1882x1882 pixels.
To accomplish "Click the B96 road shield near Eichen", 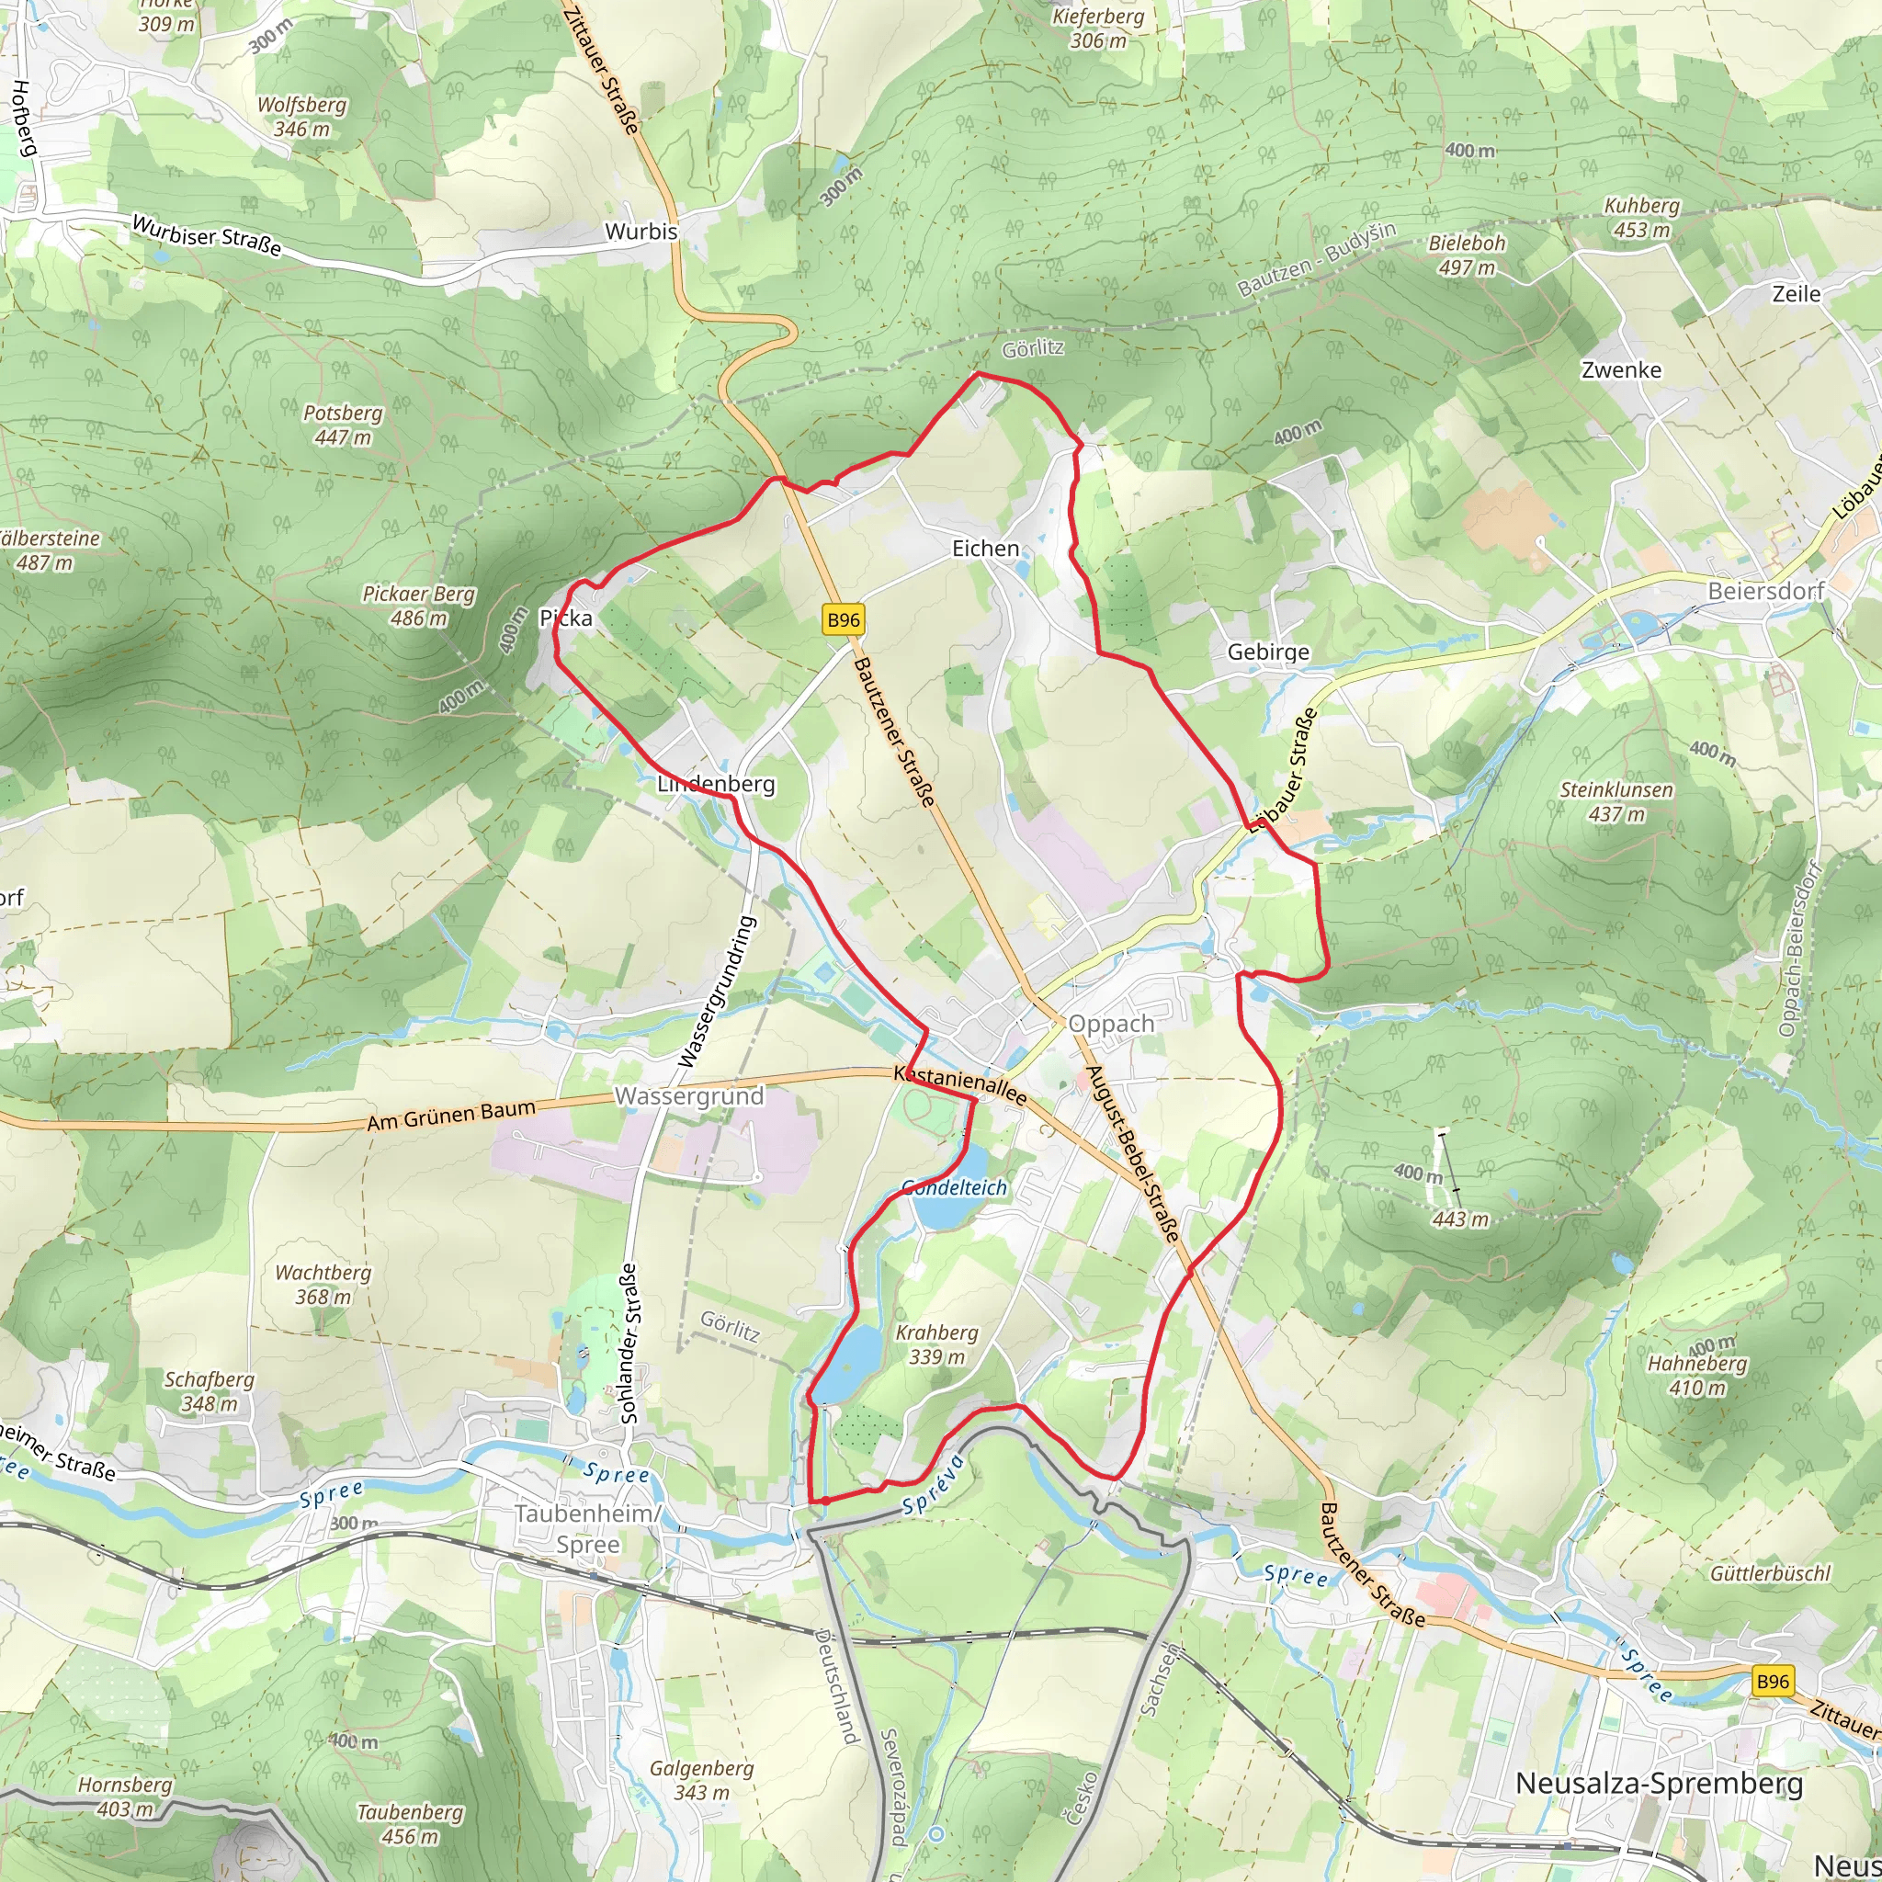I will pyautogui.click(x=843, y=620).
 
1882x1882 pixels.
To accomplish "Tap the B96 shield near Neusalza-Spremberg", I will pyautogui.click(x=1772, y=1681).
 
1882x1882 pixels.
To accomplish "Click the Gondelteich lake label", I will pyautogui.click(x=954, y=1187).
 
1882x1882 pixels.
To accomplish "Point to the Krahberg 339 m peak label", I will pyautogui.click(x=936, y=1344).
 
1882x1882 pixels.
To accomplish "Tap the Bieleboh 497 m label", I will pyautogui.click(x=1467, y=255).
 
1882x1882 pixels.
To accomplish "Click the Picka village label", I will pyautogui.click(x=565, y=618).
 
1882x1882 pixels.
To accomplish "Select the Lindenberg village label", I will pyautogui.click(x=716, y=784).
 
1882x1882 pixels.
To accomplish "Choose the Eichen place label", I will pyautogui.click(x=985, y=549).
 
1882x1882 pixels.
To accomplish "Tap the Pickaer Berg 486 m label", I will pyautogui.click(x=419, y=606).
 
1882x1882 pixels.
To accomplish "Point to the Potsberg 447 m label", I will pyautogui.click(x=343, y=425).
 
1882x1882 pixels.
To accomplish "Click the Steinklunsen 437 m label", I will pyautogui.click(x=1616, y=801).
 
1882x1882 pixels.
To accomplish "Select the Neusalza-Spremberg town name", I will pyautogui.click(x=1659, y=1784).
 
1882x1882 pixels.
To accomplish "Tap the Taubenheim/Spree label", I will pyautogui.click(x=587, y=1529).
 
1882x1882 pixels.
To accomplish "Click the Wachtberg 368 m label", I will pyautogui.click(x=323, y=1284).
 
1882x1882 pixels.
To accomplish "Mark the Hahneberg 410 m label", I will pyautogui.click(x=1697, y=1376).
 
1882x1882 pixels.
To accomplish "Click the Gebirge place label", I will pyautogui.click(x=1267, y=652).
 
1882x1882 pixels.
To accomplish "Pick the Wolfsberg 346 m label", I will pyautogui.click(x=301, y=117).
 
